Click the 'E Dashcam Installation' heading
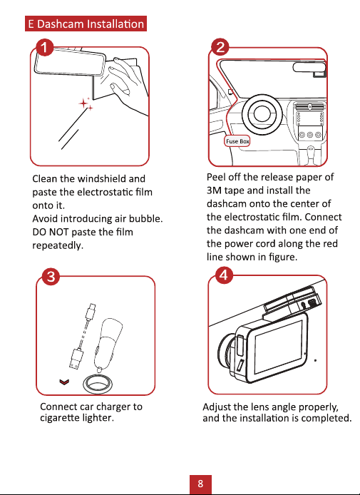point(86,24)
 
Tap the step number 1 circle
point(44,48)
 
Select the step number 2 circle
point(220,47)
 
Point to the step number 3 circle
point(51,277)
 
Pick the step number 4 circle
point(224,275)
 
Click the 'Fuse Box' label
point(237,141)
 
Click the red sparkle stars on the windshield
point(86,104)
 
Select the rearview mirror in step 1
point(70,61)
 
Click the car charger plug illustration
point(107,343)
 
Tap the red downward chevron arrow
point(64,382)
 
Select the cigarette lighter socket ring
point(99,384)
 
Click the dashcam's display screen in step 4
point(278,346)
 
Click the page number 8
point(200,484)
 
